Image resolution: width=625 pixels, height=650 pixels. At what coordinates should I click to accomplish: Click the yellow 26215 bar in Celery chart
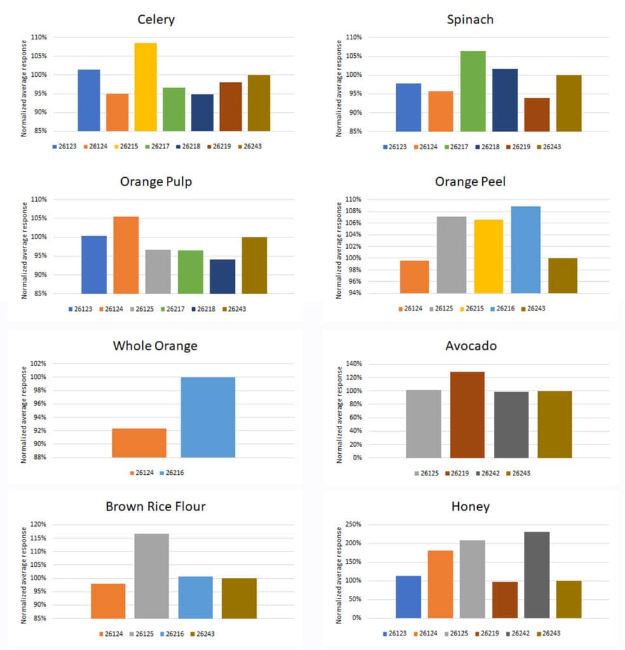click(x=145, y=87)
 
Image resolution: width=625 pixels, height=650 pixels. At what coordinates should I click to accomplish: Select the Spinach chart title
click(x=470, y=20)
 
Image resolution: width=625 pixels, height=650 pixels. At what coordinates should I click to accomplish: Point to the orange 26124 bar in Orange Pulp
click(x=126, y=255)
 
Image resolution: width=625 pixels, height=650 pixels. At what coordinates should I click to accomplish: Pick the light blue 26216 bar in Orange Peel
click(x=526, y=249)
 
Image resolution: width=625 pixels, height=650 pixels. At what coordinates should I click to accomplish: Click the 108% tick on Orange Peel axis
click(x=353, y=211)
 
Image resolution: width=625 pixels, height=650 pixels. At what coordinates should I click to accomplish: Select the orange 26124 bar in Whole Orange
click(x=139, y=442)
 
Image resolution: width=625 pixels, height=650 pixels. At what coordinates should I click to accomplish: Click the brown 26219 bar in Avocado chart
click(x=467, y=415)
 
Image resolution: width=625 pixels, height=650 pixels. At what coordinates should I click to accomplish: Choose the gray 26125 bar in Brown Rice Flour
click(x=152, y=576)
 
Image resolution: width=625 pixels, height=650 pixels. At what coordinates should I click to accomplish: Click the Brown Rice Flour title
click(x=155, y=507)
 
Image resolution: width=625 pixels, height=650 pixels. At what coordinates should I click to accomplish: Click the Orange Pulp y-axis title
click(x=24, y=250)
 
